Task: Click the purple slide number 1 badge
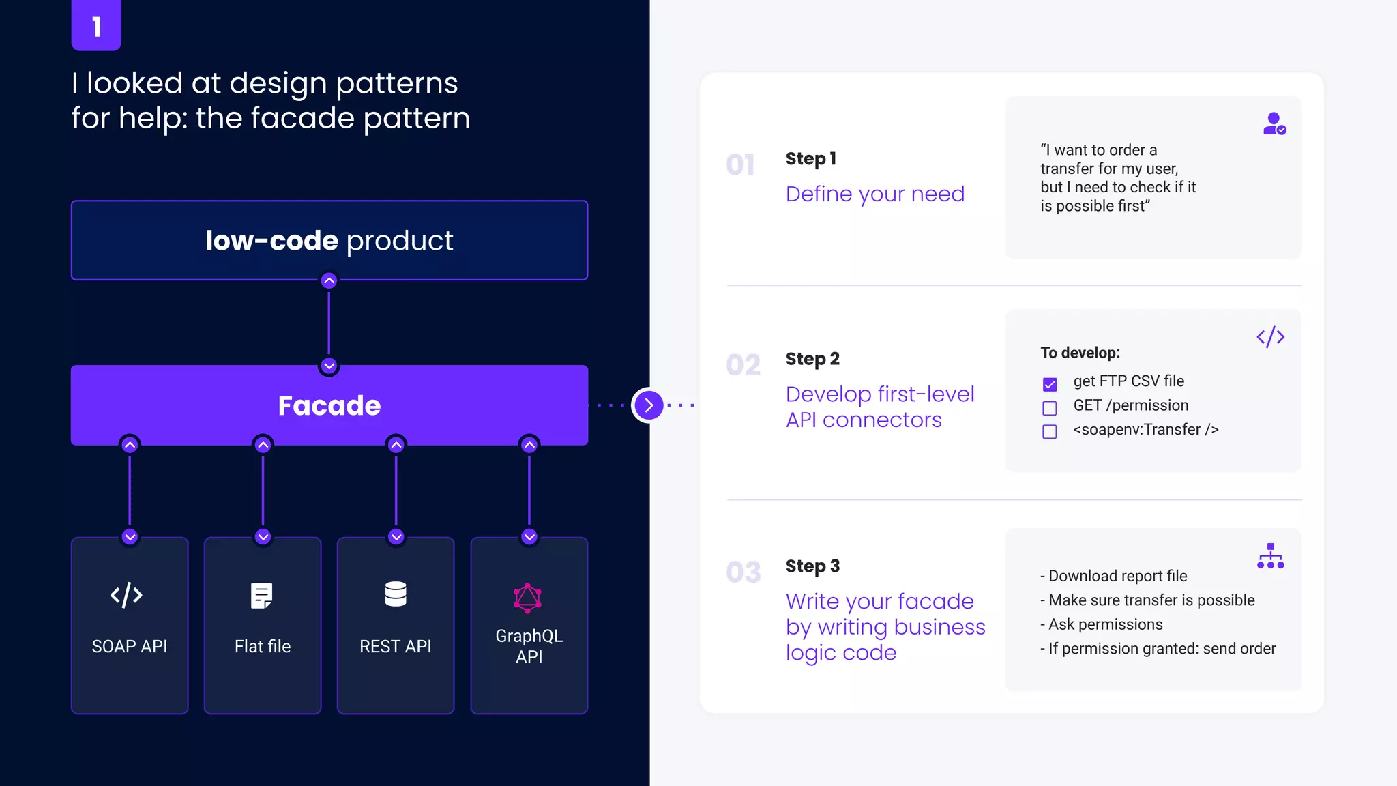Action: pyautogui.click(x=96, y=26)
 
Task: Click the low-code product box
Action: pyautogui.click(x=329, y=240)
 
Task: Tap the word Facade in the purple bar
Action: pyautogui.click(x=329, y=405)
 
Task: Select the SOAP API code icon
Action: pyautogui.click(x=127, y=595)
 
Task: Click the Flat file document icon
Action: pyautogui.click(x=261, y=596)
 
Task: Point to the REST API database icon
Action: pyautogui.click(x=396, y=594)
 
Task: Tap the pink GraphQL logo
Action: pyautogui.click(x=527, y=598)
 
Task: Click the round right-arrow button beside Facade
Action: pyautogui.click(x=648, y=405)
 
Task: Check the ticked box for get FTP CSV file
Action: pyautogui.click(x=1050, y=384)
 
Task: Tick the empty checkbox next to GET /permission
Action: pyautogui.click(x=1050, y=408)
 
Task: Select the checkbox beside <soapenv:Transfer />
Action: pyautogui.click(x=1050, y=432)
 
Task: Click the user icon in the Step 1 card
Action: pyautogui.click(x=1274, y=124)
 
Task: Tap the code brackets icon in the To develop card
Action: pyautogui.click(x=1270, y=337)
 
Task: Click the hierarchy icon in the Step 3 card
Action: pyautogui.click(x=1270, y=556)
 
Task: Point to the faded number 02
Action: pyautogui.click(x=743, y=365)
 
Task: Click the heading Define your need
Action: pyautogui.click(x=875, y=194)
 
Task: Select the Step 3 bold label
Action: pyautogui.click(x=812, y=566)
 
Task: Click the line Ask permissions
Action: pyautogui.click(x=1105, y=624)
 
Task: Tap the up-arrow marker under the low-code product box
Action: pyautogui.click(x=329, y=280)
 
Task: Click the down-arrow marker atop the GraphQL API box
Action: pyautogui.click(x=529, y=536)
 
